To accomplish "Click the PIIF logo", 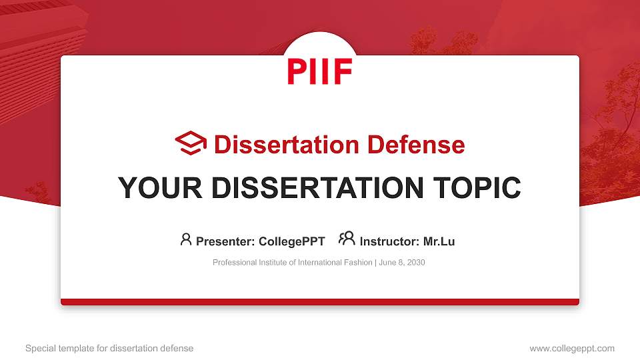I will coord(319,71).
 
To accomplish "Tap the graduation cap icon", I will coord(191,143).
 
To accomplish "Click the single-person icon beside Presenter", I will coord(186,239).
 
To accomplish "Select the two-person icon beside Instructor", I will coord(347,239).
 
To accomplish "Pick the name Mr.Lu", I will coord(439,241).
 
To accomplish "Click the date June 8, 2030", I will coord(402,263).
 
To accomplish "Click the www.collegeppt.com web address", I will coord(571,348).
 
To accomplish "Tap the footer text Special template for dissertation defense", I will coord(109,348).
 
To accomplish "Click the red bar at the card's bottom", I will coord(319,302).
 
